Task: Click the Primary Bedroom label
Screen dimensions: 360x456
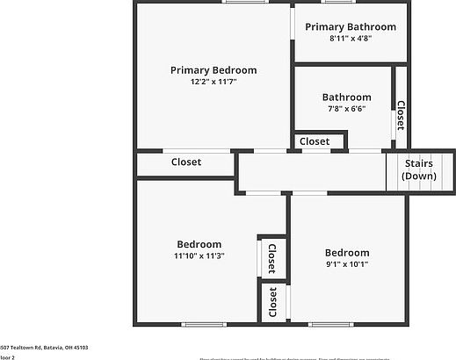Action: click(x=214, y=70)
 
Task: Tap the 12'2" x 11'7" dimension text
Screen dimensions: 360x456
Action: click(x=214, y=82)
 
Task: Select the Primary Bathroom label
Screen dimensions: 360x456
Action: click(x=351, y=27)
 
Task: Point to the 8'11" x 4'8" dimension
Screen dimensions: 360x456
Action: click(x=351, y=39)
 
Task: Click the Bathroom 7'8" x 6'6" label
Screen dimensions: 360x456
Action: click(x=346, y=97)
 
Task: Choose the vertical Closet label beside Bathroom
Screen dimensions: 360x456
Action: click(x=400, y=116)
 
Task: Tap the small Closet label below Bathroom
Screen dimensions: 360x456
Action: click(x=315, y=141)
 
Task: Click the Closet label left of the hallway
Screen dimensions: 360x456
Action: click(x=186, y=162)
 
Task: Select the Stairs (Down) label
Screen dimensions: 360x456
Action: click(x=419, y=169)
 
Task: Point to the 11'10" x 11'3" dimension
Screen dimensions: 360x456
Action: click(x=199, y=256)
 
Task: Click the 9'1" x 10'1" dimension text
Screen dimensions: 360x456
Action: click(x=347, y=264)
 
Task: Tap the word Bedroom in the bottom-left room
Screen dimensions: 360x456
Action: click(x=199, y=244)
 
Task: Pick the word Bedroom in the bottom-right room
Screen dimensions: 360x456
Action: click(x=347, y=253)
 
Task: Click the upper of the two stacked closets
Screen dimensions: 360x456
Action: click(x=271, y=258)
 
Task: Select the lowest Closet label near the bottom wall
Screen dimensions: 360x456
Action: click(x=272, y=302)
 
